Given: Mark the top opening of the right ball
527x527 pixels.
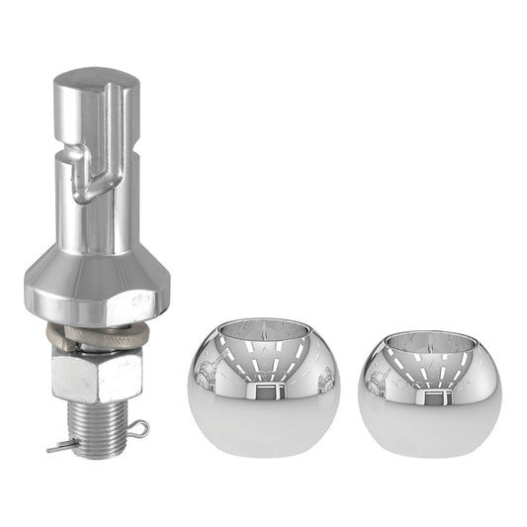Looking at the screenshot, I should (427, 332).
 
